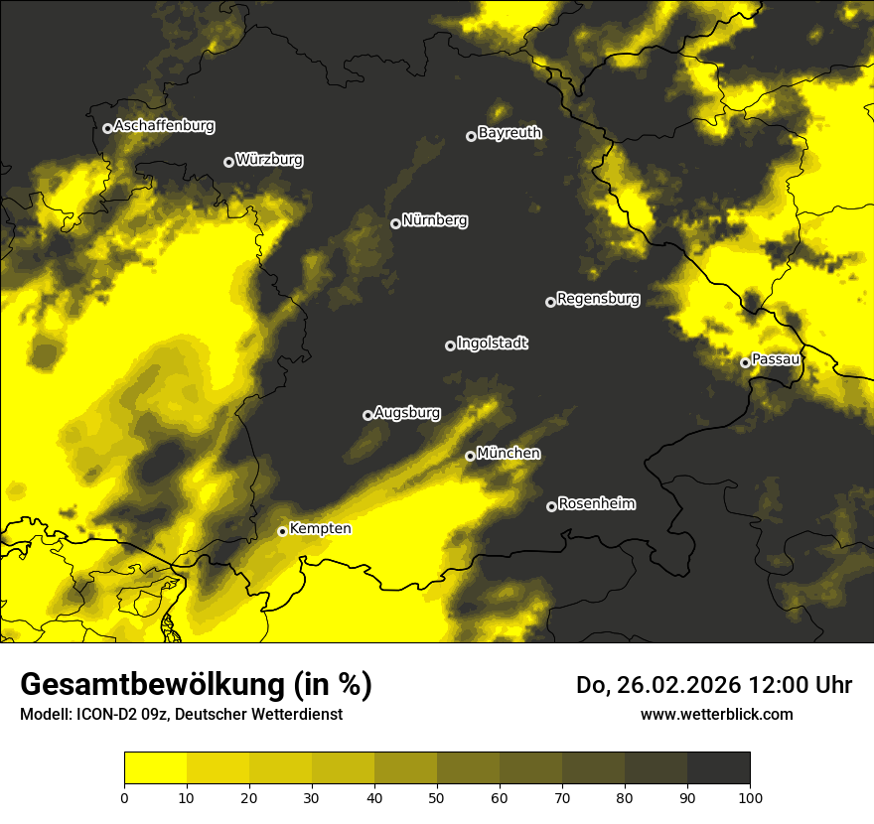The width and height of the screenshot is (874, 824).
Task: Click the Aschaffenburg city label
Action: (x=164, y=126)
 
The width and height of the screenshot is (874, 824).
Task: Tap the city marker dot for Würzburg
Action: (x=228, y=162)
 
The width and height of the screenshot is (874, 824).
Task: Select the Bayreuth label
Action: (x=510, y=133)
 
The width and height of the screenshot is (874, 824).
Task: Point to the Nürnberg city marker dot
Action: (x=395, y=223)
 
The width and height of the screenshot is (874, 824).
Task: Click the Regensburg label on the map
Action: (x=598, y=299)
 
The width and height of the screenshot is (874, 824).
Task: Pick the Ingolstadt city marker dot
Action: (x=450, y=345)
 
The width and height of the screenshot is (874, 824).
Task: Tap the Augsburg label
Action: (x=407, y=412)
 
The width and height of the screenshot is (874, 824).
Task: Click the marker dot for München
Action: (x=470, y=456)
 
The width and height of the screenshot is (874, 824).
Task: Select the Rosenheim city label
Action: (x=596, y=504)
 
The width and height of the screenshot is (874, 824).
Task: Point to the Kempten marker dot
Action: (x=282, y=531)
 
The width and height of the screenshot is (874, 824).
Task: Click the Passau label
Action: (x=776, y=359)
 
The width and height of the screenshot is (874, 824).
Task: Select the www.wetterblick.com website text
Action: (x=716, y=714)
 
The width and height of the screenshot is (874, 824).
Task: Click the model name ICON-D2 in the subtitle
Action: (x=103, y=714)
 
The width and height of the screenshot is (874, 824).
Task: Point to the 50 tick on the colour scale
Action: (x=437, y=796)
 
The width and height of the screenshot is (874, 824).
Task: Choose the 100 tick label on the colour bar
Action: (x=750, y=796)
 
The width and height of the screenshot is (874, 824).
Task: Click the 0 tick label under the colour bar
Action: (x=124, y=796)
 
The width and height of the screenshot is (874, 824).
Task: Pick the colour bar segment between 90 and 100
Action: (x=718, y=767)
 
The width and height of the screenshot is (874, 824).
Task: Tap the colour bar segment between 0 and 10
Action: (x=155, y=767)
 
